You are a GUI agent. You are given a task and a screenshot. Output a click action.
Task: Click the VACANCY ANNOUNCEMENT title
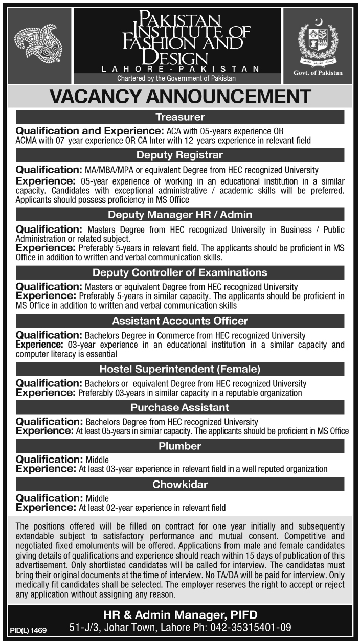point(180,96)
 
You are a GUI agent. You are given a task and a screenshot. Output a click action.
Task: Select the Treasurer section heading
point(179,117)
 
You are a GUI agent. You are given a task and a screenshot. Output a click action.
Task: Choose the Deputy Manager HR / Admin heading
point(179,214)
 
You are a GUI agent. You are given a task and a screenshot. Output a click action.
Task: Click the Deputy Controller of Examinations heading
point(179,272)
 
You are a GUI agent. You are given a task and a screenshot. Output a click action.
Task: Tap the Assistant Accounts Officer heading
point(179,321)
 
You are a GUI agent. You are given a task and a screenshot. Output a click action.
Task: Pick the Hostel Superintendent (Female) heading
point(179,369)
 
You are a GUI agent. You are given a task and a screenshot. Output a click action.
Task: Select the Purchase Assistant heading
point(179,407)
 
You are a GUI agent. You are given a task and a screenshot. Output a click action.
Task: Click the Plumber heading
point(179,446)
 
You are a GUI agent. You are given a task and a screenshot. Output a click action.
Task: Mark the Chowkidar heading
point(179,485)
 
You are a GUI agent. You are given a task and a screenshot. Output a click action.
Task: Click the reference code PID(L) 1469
point(28,631)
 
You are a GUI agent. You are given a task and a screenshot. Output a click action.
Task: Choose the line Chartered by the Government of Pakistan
point(176,78)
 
